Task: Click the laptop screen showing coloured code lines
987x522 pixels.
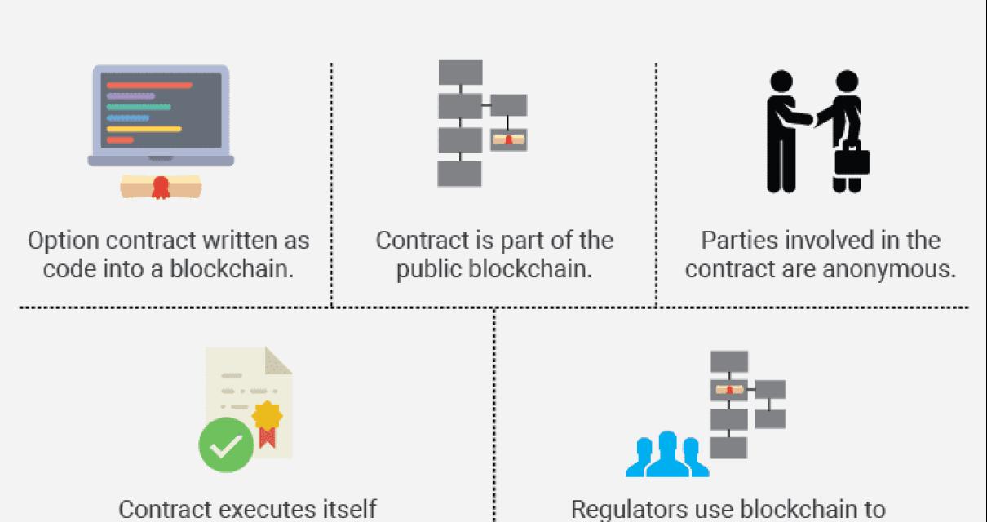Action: pos(161,109)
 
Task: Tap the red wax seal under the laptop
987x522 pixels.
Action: pos(161,187)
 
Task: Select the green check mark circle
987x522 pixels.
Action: pos(226,445)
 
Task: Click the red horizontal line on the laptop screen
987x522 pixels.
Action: pos(149,85)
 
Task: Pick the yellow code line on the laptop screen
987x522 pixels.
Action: pos(144,129)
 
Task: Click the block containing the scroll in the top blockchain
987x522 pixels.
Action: pos(508,139)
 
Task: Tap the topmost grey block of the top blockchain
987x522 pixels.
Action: pos(460,72)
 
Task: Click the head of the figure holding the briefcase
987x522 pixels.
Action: pos(847,81)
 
